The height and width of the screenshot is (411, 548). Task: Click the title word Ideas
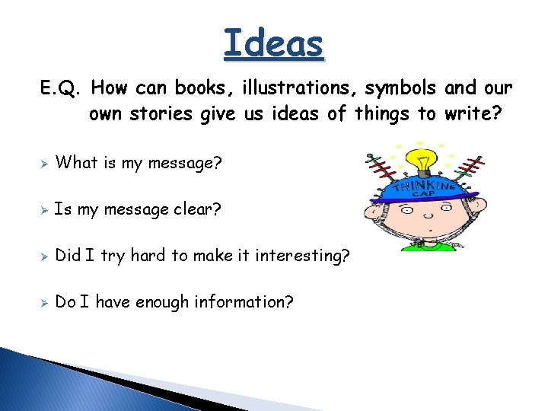pos(274,43)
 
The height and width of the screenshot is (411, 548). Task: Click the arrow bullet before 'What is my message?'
pos(45,163)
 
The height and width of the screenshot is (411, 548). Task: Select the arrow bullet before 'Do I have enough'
pos(45,303)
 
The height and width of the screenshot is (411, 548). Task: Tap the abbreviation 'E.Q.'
pos(60,88)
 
